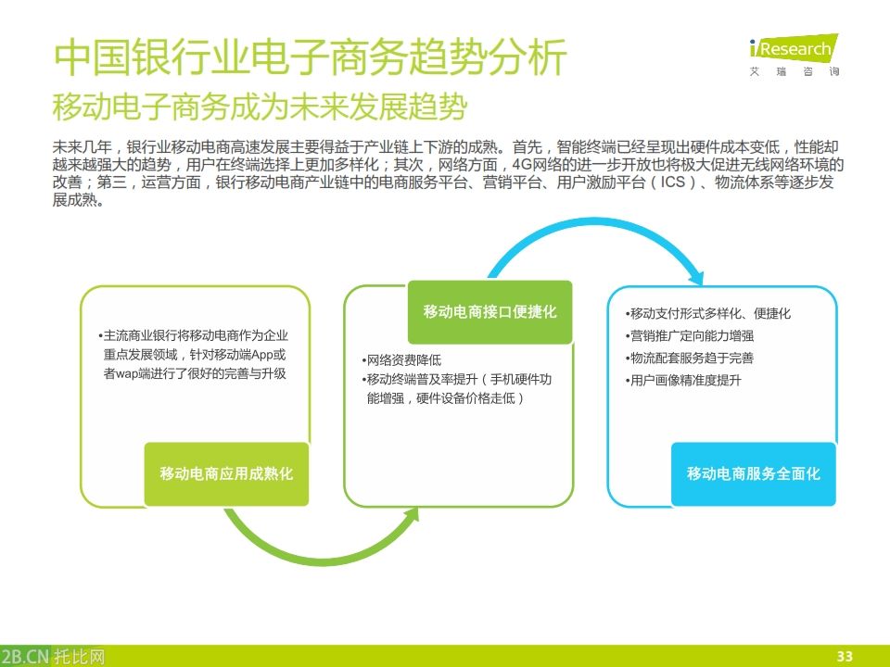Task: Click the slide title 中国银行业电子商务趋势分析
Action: pyautogui.click(x=310, y=58)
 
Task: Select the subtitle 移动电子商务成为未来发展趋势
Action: pyautogui.click(x=259, y=107)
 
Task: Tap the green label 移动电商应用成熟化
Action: pyautogui.click(x=226, y=473)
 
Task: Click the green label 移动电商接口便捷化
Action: pyautogui.click(x=490, y=311)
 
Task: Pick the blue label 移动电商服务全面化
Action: pyautogui.click(x=753, y=473)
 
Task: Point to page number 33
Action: pyautogui.click(x=844, y=656)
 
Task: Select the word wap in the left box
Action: pyautogui.click(x=126, y=374)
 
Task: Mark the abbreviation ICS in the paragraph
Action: pyautogui.click(x=672, y=182)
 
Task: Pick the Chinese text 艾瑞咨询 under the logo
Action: pyautogui.click(x=794, y=71)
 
